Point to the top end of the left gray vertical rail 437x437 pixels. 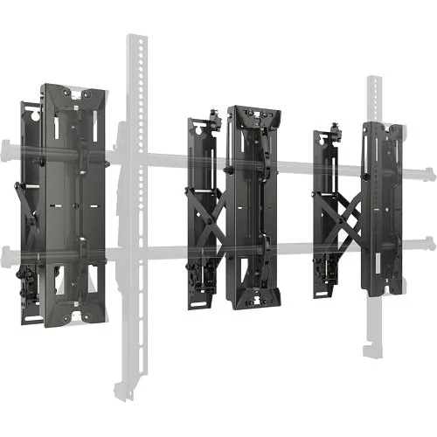[135, 39]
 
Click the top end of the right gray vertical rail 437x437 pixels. [373, 81]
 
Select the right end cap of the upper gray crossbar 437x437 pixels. [430, 170]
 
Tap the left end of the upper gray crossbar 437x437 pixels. [7, 144]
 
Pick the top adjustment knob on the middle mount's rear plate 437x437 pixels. [214, 115]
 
